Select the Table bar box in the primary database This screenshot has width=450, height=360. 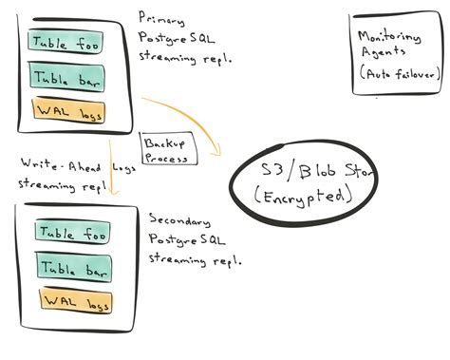coord(66,77)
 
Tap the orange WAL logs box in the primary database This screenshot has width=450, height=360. coord(67,111)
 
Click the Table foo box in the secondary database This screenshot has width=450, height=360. coord(72,233)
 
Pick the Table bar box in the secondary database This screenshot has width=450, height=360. coord(72,267)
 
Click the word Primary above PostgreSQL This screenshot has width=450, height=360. coord(161,17)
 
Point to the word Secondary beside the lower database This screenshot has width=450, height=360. coord(176,216)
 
